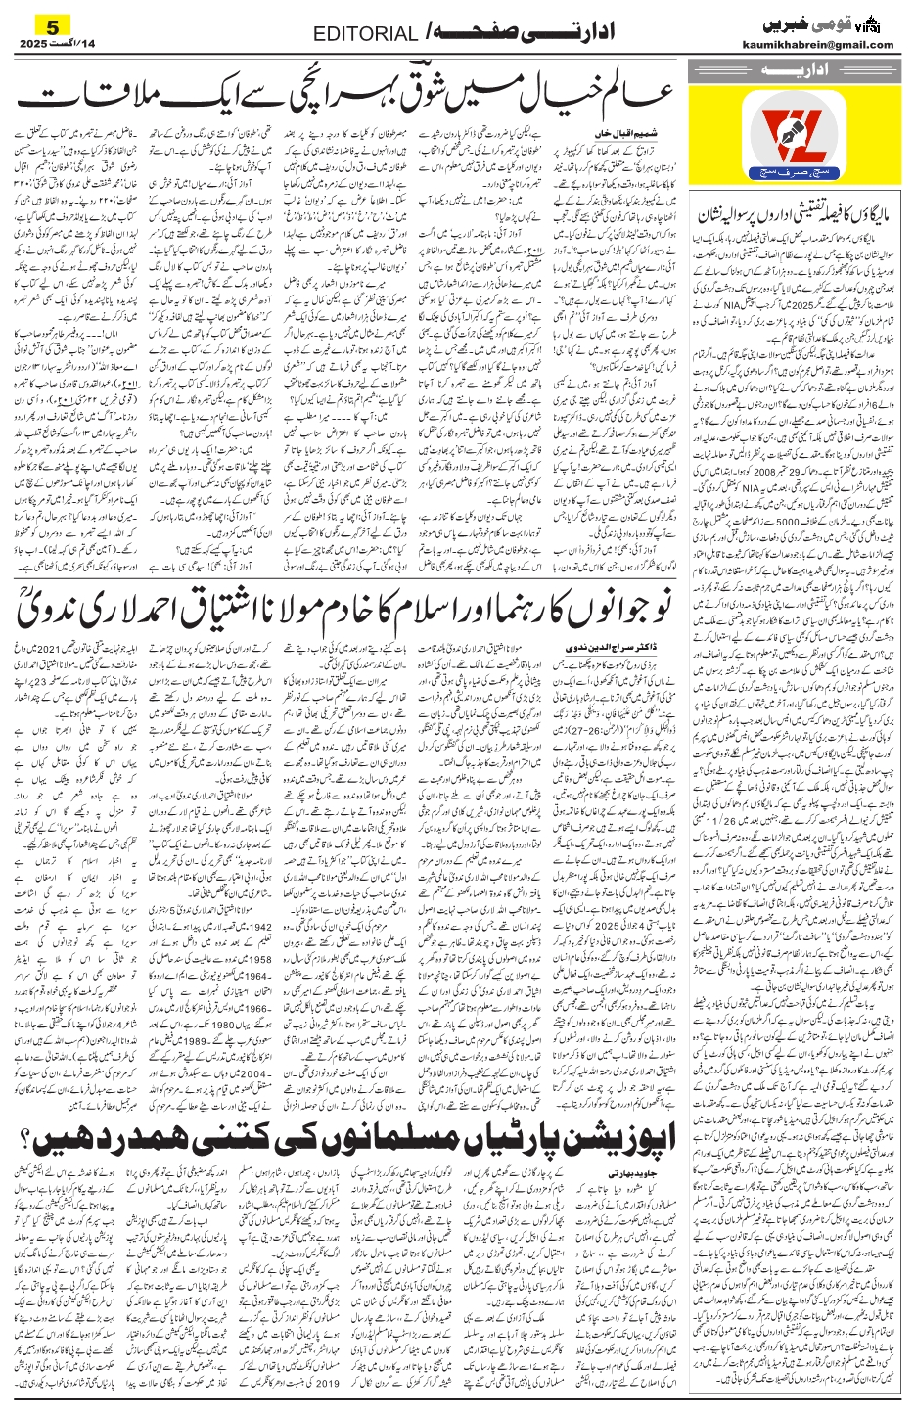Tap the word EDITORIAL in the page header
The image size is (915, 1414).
coord(365,34)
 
